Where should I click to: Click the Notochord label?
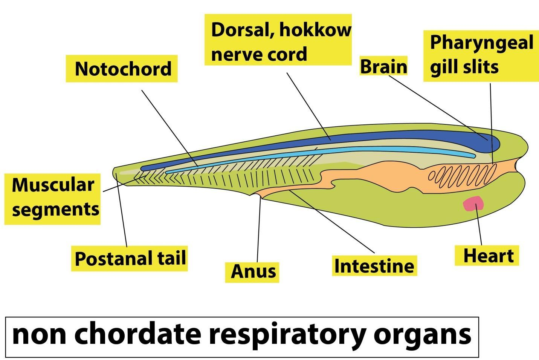pyautogui.click(x=123, y=69)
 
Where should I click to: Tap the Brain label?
pyautogui.click(x=383, y=66)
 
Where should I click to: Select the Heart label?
pyautogui.click(x=488, y=256)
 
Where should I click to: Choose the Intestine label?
pyautogui.click(x=374, y=266)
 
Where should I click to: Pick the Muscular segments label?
pyautogui.click(x=53, y=197)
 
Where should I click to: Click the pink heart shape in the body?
pyautogui.click(x=474, y=204)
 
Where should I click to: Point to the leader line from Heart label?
pyautogui.click(x=479, y=226)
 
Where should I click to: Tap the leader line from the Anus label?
pyautogui.click(x=258, y=230)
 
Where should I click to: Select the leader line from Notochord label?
pyautogui.click(x=169, y=128)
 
